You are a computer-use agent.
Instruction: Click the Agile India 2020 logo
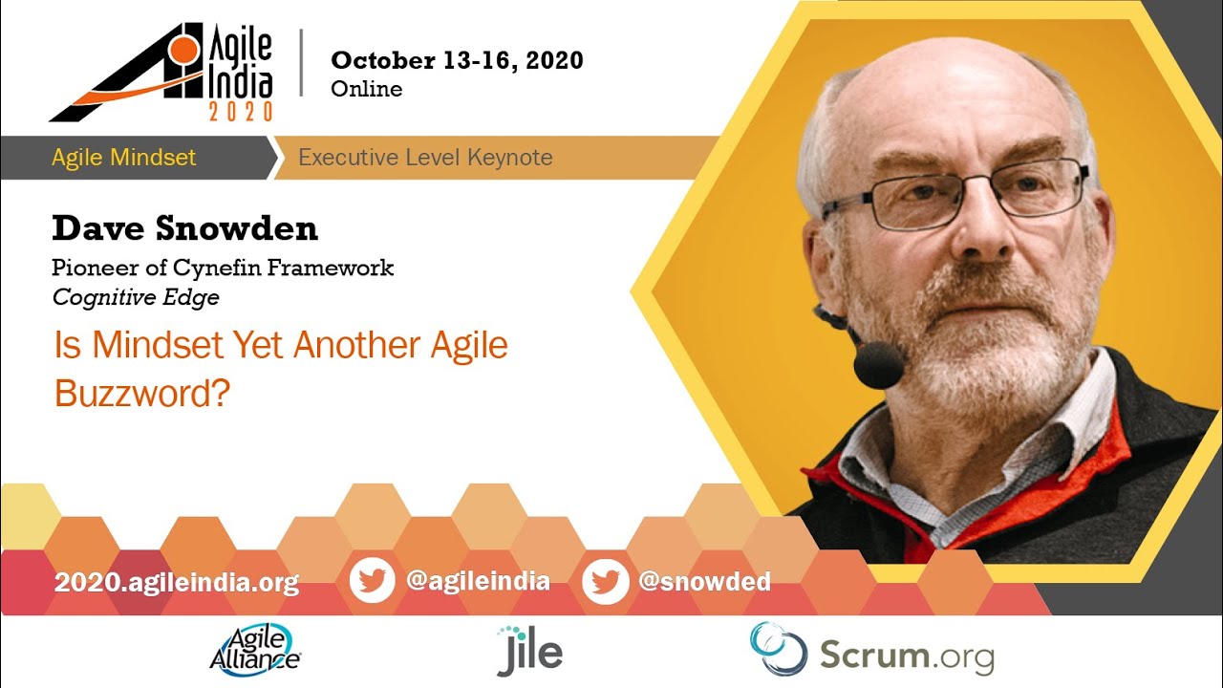coord(161,72)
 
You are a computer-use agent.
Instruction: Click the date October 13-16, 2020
coord(457,60)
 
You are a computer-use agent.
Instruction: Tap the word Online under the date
coord(366,89)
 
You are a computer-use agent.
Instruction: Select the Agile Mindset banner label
coord(124,158)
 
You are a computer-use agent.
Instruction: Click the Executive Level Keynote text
coord(425,158)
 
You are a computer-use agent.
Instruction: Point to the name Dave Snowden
coord(184,228)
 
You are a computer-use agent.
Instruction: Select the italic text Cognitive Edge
coord(136,297)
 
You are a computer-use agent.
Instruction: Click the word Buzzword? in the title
coord(142,393)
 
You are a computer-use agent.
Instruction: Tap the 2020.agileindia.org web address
coord(177,583)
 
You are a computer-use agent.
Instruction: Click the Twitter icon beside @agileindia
coord(373,580)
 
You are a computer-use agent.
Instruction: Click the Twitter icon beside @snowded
coord(605,581)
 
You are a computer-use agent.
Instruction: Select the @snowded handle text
coord(704,581)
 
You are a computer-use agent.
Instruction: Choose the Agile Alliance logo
coord(255,650)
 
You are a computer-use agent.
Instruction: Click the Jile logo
coord(529,651)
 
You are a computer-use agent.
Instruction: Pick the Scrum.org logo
coord(872,650)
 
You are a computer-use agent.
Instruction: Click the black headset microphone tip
coord(878,364)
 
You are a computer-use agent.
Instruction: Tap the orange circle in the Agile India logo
coord(182,49)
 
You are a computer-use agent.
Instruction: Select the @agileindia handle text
coord(478,581)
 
